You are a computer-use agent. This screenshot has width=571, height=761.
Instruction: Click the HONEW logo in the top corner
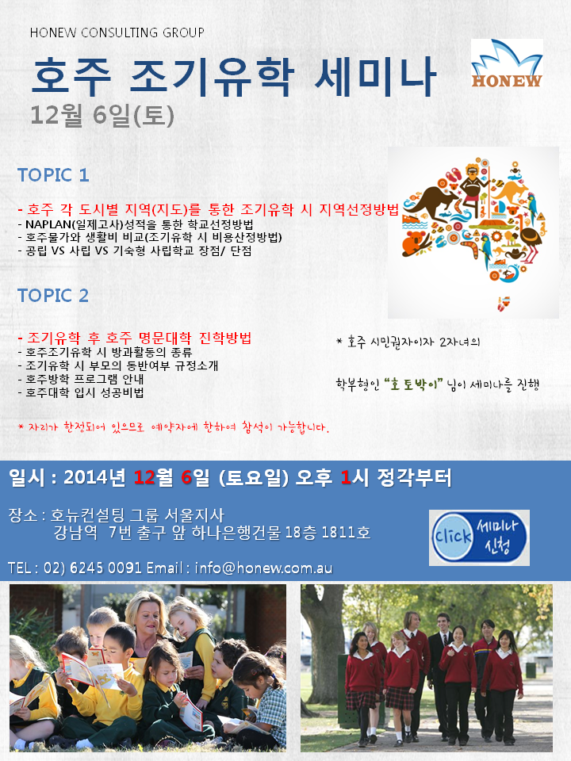coord(507,64)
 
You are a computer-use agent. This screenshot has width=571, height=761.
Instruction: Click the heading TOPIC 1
coord(53,174)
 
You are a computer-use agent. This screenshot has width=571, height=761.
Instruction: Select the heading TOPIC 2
coord(53,295)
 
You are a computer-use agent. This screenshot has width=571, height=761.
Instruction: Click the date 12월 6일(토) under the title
coord(102,116)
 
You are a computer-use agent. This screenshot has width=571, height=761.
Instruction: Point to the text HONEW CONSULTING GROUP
coord(117,33)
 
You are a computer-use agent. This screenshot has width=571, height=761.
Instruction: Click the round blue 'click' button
coord(453,537)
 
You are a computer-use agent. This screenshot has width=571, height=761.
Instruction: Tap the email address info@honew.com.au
coord(263,568)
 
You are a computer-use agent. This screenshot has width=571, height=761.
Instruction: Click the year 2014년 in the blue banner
coord(94,477)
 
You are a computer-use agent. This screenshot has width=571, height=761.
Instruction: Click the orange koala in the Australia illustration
coord(415,243)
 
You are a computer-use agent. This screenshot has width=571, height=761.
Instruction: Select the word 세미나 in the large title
coord(374,76)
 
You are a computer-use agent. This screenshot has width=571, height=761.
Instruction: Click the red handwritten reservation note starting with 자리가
coord(174,427)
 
